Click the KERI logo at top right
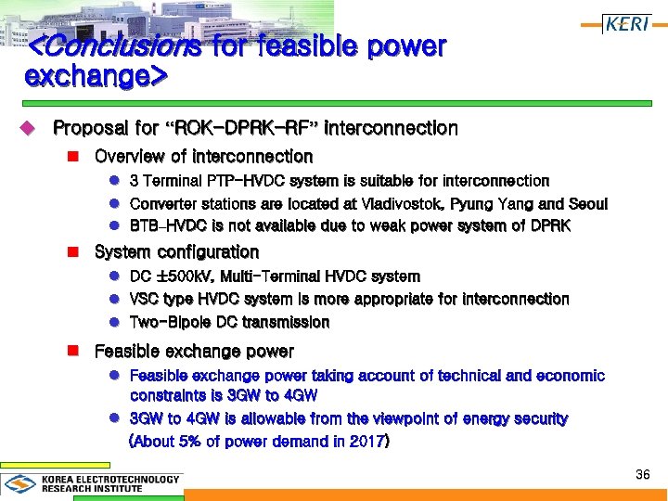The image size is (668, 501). coord(627,24)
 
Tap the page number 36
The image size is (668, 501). coord(642,475)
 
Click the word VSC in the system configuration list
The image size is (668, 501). coord(145,300)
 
